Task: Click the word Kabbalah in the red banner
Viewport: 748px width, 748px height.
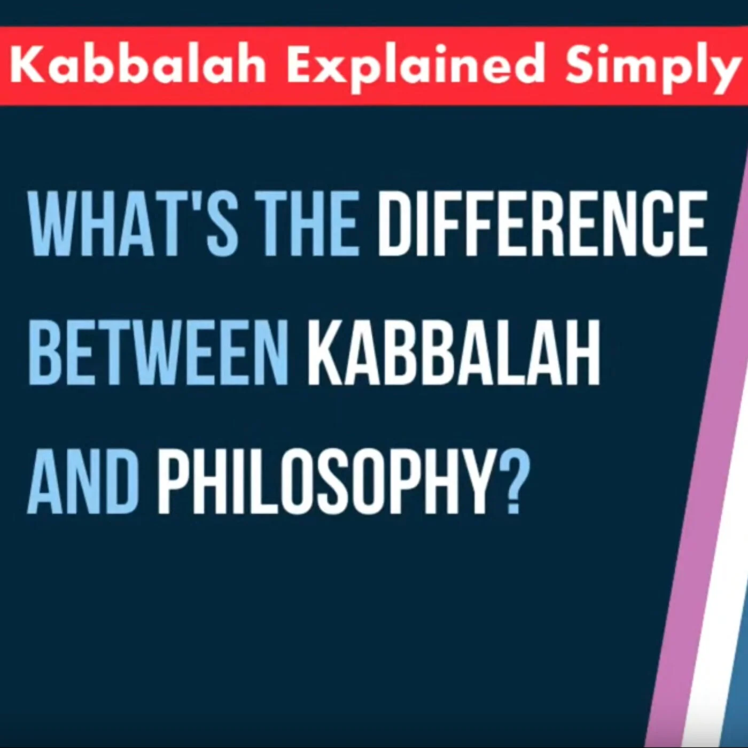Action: tap(137, 65)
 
